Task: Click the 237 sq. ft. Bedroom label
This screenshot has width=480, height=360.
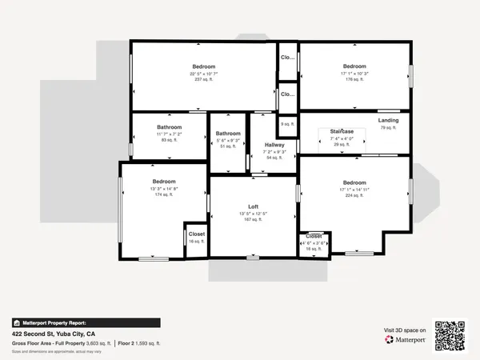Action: pyautogui.click(x=204, y=66)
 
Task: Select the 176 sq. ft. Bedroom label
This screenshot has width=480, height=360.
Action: pyautogui.click(x=354, y=66)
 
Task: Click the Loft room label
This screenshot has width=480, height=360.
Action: pyautogui.click(x=253, y=207)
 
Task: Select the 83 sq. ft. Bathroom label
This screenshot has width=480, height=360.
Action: pyautogui.click(x=170, y=127)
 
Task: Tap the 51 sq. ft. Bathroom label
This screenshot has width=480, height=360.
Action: pyautogui.click(x=228, y=134)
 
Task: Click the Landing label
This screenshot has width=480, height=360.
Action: pyautogui.click(x=388, y=121)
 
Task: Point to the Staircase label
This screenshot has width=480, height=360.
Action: pyautogui.click(x=342, y=131)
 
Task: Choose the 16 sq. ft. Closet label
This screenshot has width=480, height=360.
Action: pyautogui.click(x=197, y=234)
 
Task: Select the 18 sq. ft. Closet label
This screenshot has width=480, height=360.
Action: pyautogui.click(x=314, y=237)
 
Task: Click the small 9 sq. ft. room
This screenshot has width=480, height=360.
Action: pyautogui.click(x=286, y=124)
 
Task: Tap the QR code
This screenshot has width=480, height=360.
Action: pyautogui.click(x=450, y=335)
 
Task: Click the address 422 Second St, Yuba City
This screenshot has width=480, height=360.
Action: pyautogui.click(x=54, y=333)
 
